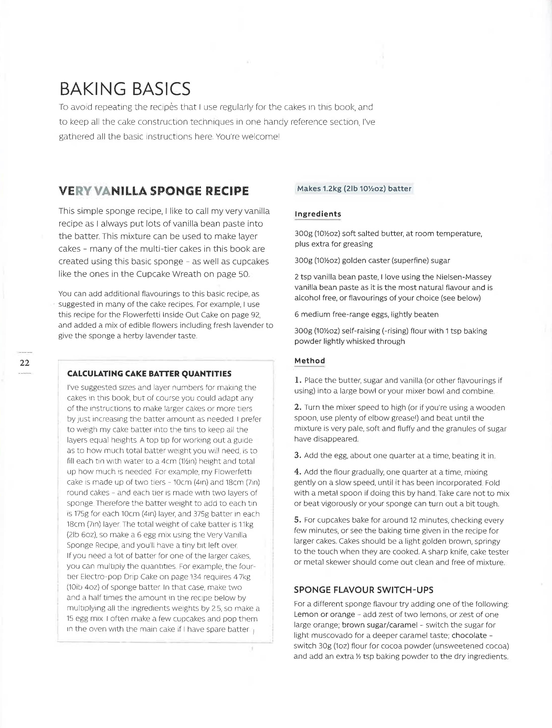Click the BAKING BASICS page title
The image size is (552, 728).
125,89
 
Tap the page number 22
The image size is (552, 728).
25,363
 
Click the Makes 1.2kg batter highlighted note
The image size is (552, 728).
354,189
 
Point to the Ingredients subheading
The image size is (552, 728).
318,214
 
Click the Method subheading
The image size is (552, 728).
309,361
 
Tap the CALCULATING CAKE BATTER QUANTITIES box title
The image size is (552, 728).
149,374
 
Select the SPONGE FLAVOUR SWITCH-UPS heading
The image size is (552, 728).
363,590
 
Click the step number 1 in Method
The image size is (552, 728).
298,380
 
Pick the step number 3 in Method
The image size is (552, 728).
298,456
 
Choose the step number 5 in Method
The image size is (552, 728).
298,520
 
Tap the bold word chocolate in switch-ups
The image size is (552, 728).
469,635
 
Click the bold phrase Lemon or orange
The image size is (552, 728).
324,615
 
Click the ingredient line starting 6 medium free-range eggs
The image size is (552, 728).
366,314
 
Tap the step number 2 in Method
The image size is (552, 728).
298,407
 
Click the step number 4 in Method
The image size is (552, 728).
298,472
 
